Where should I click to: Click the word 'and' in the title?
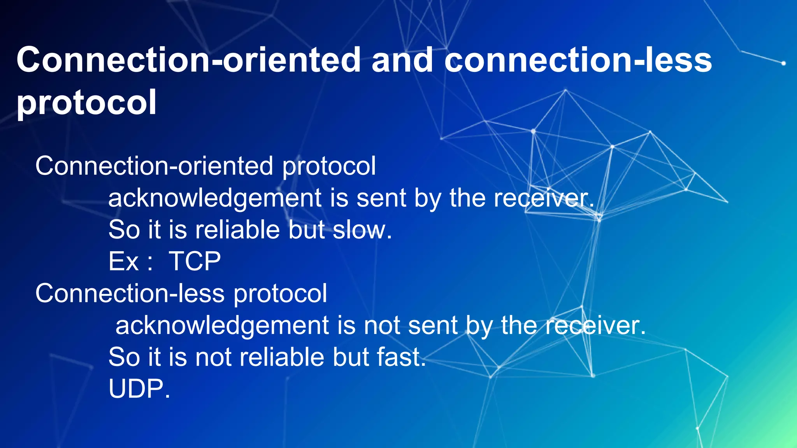402,60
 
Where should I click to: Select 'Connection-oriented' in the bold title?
189,60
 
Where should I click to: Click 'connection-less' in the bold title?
578,60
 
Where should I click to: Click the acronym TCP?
195,261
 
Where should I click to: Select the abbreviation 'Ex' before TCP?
123,261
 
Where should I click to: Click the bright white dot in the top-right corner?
783,63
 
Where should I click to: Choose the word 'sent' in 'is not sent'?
432,325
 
